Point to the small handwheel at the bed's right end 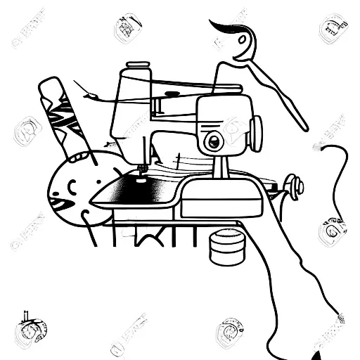pyautogui.click(x=298, y=186)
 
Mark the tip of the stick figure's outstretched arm pyautogui.click(x=304, y=127)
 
